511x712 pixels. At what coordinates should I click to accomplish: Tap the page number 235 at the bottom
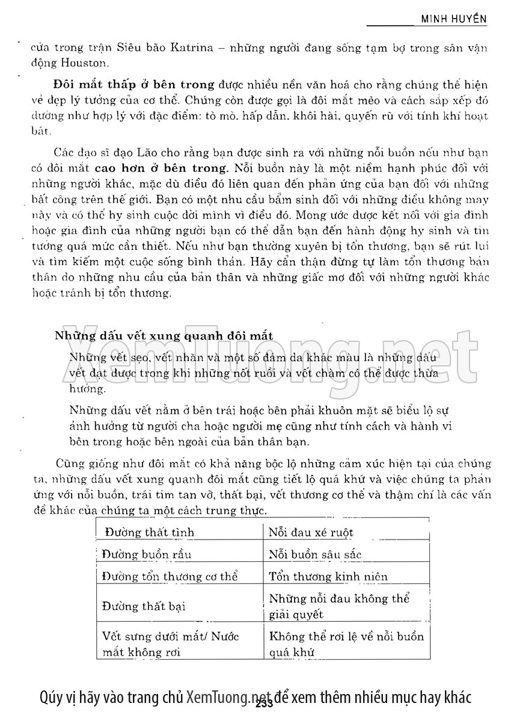tap(265, 704)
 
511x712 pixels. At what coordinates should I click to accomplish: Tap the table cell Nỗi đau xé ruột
tap(311, 532)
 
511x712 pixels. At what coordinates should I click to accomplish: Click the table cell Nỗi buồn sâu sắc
tap(315, 555)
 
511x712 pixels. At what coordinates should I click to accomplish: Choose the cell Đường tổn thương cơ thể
tap(170, 577)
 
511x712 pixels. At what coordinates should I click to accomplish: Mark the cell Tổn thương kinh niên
tap(328, 577)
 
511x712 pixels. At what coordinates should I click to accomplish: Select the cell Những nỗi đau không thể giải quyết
tap(339, 606)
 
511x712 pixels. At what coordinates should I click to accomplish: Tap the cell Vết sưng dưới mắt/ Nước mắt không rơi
tap(170, 644)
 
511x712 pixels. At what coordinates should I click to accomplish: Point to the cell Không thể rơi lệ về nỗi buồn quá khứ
tap(346, 644)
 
